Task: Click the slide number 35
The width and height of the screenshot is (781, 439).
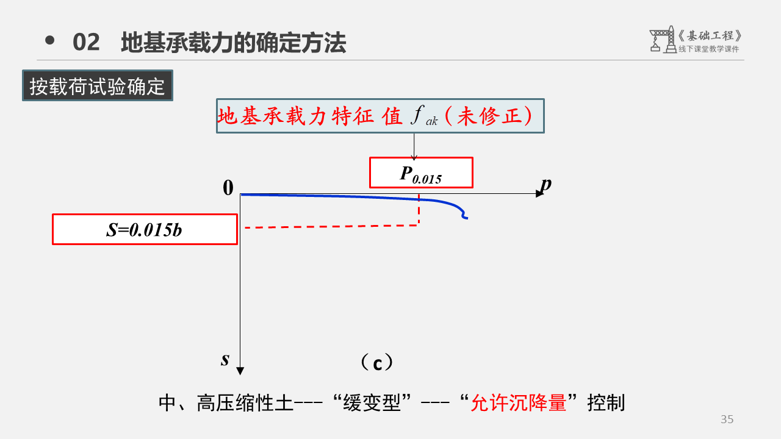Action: click(727, 419)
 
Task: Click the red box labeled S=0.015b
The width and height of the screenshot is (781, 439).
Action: click(145, 229)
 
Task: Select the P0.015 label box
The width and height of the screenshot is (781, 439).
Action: click(421, 173)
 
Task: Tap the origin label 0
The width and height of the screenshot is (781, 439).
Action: click(228, 188)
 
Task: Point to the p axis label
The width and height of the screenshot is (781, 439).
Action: click(546, 183)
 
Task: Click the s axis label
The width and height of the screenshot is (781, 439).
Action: click(225, 359)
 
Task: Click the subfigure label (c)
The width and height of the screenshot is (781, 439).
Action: click(377, 363)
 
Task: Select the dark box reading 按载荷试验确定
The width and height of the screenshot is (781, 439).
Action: click(98, 86)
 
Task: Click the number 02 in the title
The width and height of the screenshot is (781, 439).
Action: click(86, 43)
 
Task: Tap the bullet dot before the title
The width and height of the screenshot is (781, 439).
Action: click(50, 41)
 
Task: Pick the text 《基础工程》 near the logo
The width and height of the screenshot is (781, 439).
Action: click(710, 35)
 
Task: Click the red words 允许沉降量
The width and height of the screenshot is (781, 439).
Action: click(519, 403)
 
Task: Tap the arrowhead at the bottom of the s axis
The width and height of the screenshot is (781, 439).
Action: click(240, 371)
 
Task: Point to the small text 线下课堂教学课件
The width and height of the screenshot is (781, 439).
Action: click(708, 49)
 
